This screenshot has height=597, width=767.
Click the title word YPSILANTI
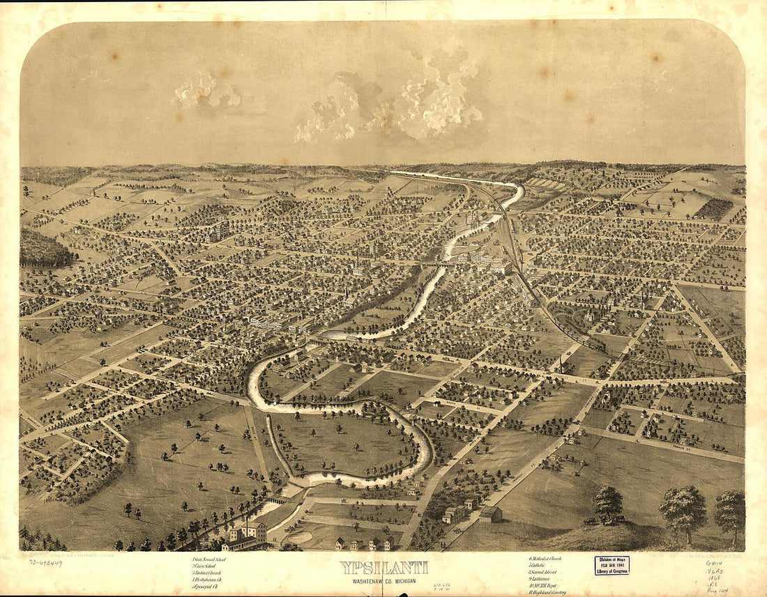pos(383,567)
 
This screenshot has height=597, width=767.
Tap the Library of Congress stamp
pos(612,564)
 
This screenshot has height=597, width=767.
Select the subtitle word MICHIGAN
pos(408,579)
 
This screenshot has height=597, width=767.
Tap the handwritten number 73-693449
pos(41,562)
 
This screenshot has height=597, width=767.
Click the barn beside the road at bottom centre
pos(491,514)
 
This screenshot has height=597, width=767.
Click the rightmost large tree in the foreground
pos(730,510)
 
